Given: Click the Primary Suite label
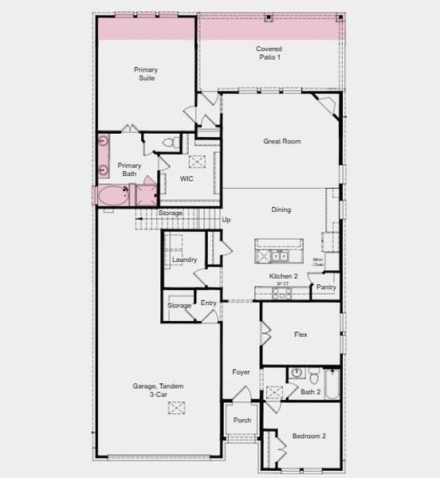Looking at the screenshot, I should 145,74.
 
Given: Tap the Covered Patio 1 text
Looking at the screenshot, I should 269,53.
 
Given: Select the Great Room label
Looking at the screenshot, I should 281,141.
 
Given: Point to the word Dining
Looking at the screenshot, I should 281,210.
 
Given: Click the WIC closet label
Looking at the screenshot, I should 187,178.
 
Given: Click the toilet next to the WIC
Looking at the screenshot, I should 169,143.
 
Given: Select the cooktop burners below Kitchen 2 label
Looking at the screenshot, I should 281,293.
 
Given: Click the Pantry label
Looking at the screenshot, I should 325,288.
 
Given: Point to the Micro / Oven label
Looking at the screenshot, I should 317,262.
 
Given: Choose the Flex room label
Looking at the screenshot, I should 301,335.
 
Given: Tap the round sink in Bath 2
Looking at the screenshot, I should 295,372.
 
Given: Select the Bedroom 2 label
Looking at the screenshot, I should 308,436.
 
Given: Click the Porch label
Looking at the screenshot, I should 242,421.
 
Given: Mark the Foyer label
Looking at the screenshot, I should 241,372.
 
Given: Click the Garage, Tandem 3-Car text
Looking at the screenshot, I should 158,390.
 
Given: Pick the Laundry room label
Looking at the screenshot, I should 184,260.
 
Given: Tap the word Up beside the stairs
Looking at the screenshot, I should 226,220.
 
